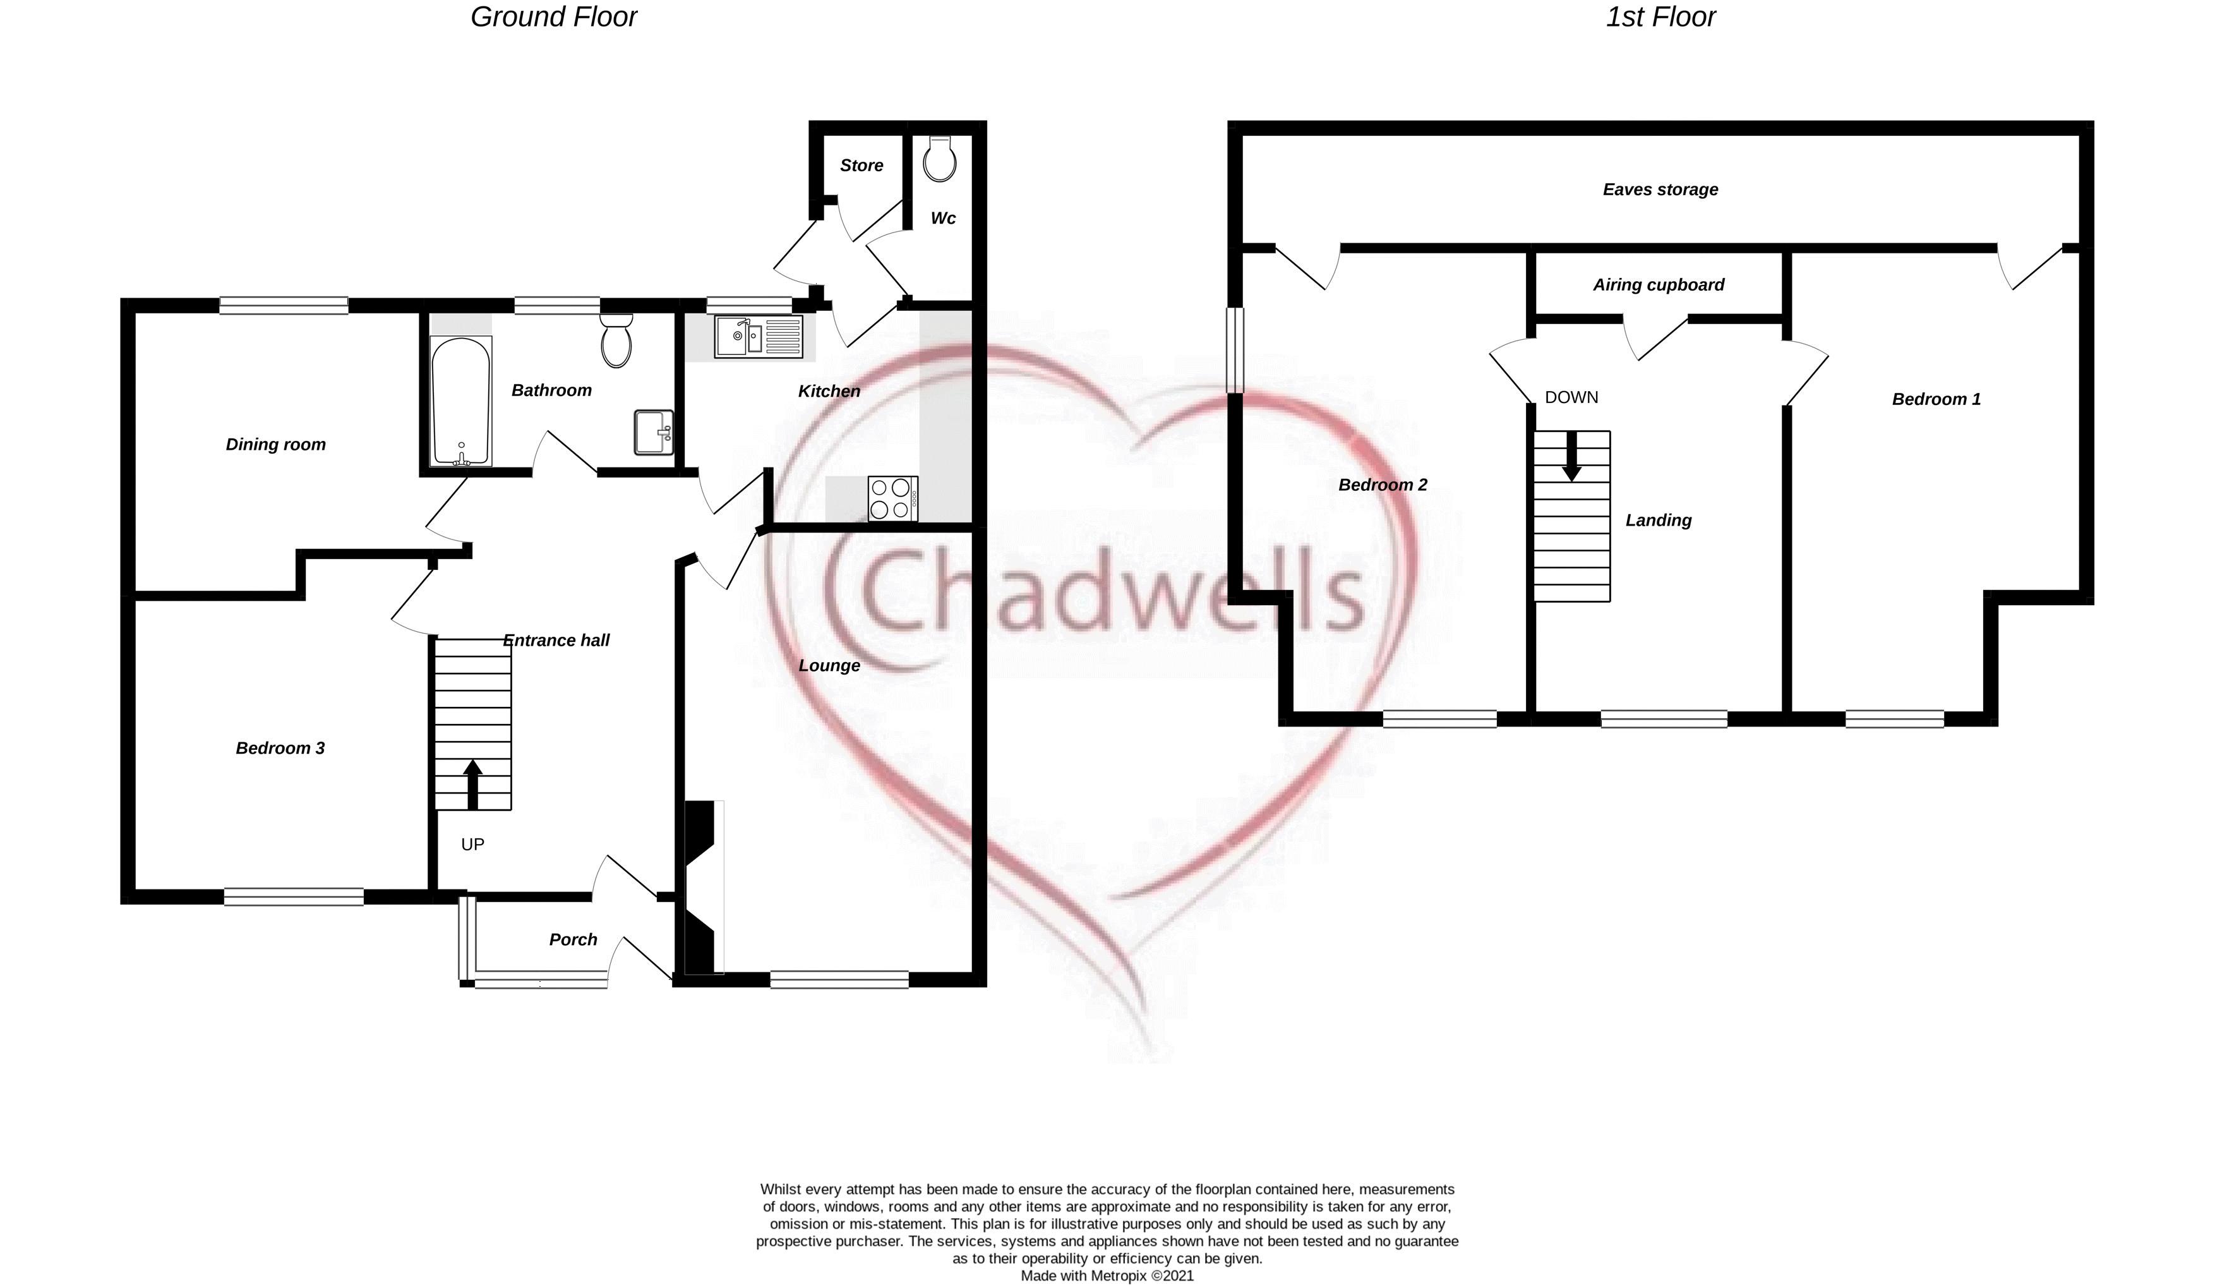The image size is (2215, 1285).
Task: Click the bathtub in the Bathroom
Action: click(x=460, y=402)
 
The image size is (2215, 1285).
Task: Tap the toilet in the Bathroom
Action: click(x=616, y=341)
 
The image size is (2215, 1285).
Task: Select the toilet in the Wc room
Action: click(x=940, y=158)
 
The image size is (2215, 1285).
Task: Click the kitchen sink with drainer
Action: click(x=759, y=337)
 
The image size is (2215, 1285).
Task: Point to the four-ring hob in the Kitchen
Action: click(x=893, y=498)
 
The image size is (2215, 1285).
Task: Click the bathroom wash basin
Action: click(x=653, y=432)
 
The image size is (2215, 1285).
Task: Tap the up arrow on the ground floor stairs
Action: click(x=473, y=784)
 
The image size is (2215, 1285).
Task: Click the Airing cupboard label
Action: click(x=1659, y=285)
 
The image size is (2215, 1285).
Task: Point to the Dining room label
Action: click(x=276, y=445)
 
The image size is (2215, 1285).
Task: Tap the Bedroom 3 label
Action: click(x=280, y=748)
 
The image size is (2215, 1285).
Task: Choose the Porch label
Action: click(x=573, y=939)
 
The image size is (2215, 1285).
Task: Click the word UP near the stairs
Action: click(x=473, y=845)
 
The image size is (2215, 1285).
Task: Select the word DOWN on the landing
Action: click(x=1571, y=397)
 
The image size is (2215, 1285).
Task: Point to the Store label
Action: click(x=861, y=166)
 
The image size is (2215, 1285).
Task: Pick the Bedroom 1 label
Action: click(x=1936, y=399)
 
